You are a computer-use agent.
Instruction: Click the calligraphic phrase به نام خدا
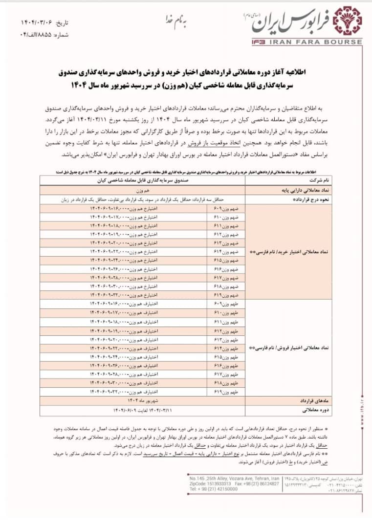coord(185,22)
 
